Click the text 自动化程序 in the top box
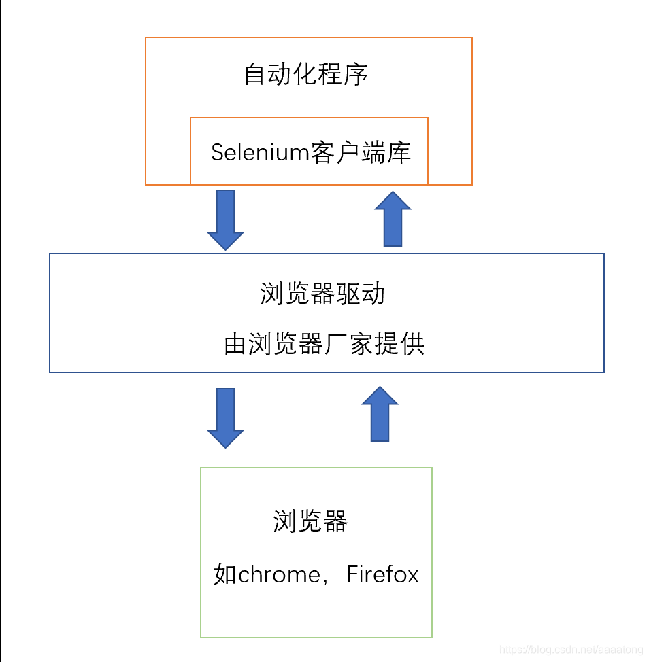tap(305, 75)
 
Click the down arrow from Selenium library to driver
tap(225, 220)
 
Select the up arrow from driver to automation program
tap(393, 219)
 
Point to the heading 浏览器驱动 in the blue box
tap(322, 294)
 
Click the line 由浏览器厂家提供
tap(324, 345)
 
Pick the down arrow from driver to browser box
tap(225, 417)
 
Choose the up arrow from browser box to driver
tap(380, 414)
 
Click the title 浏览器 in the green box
tap(310, 522)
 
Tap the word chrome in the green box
tap(279, 575)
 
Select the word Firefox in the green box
tap(382, 575)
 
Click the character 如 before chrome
tap(225, 575)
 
